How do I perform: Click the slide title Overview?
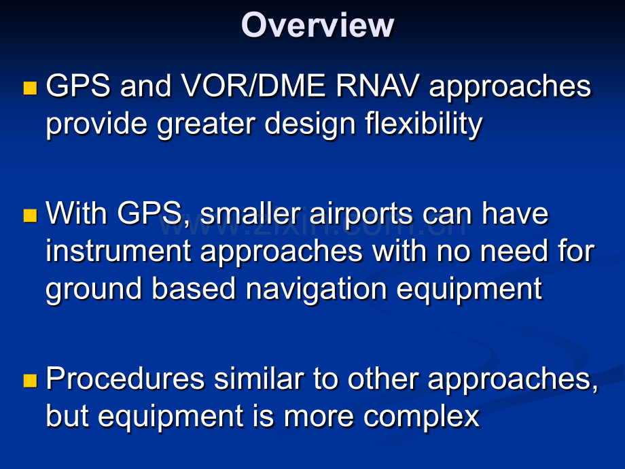pos(317,25)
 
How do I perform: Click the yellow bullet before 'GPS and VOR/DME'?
pos(30,88)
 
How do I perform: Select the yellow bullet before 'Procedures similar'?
pos(30,381)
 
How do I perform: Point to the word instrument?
pos(118,251)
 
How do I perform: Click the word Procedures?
pos(125,379)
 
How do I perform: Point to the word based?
pos(194,288)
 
